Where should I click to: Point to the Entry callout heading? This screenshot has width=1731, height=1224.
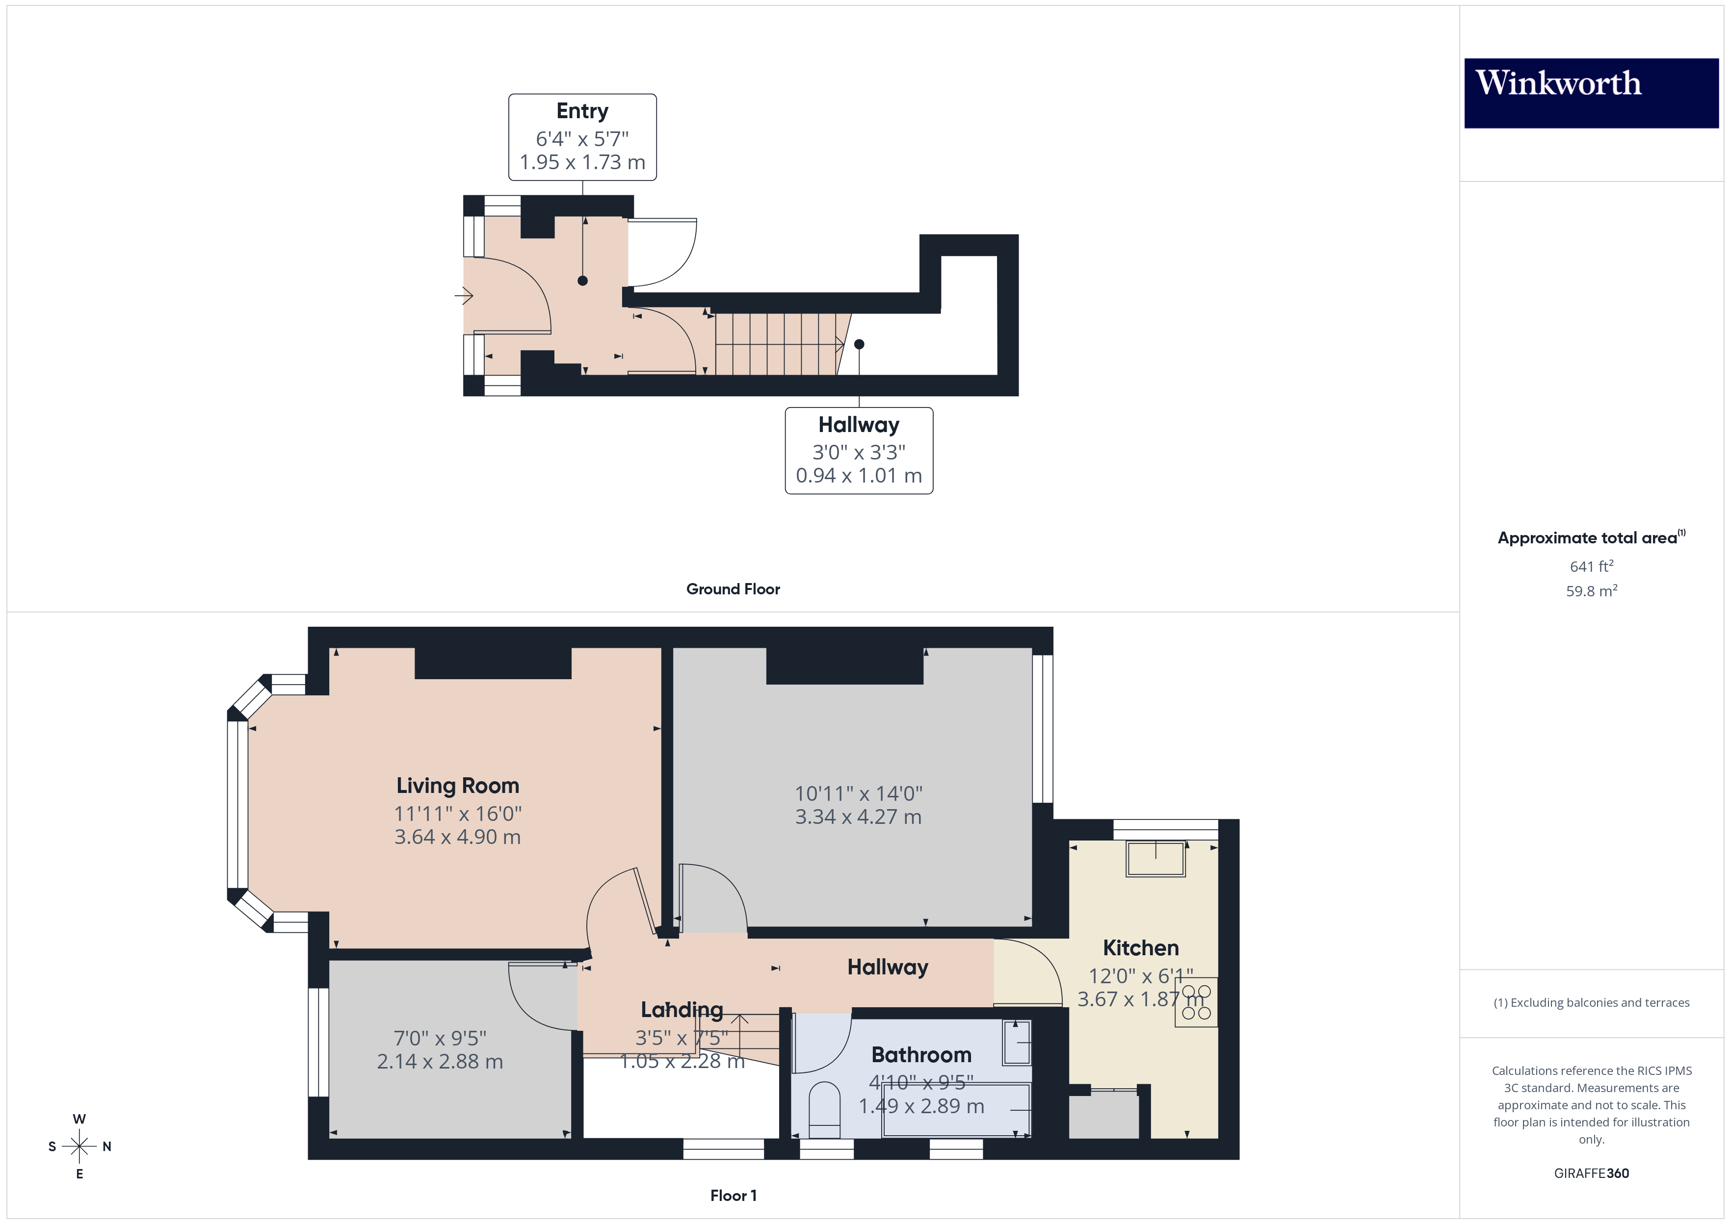tap(582, 111)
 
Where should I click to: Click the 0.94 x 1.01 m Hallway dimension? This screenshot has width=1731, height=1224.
tap(859, 476)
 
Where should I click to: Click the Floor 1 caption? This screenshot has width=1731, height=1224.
tap(733, 1196)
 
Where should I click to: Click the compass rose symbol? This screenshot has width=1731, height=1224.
tap(79, 1147)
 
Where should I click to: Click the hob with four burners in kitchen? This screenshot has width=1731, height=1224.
tap(1196, 1002)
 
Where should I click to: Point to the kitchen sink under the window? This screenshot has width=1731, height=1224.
tap(1155, 859)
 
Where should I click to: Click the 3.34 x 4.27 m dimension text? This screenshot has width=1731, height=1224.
tap(858, 817)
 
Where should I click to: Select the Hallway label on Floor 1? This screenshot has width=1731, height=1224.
tap(888, 967)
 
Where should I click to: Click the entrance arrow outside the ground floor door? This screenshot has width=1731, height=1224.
tap(464, 296)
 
